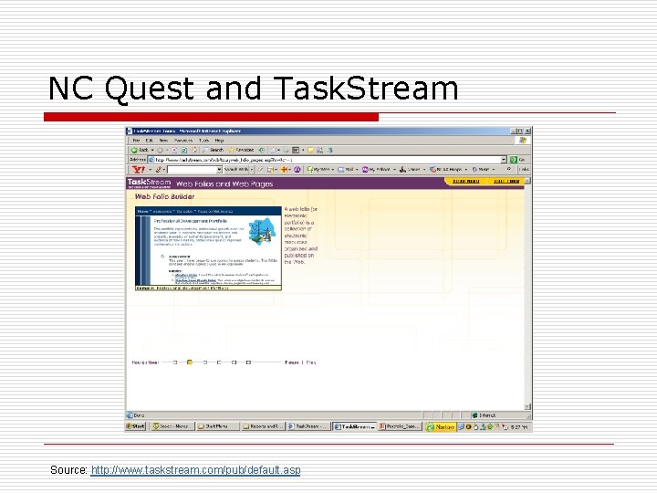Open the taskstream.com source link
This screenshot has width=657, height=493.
[195, 470]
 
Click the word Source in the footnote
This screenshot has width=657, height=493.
[69, 470]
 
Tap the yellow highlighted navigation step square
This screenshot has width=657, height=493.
[190, 362]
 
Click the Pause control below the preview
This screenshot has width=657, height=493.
[292, 362]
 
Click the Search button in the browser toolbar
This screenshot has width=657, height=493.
[215, 150]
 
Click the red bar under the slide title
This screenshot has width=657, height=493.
[212, 117]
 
